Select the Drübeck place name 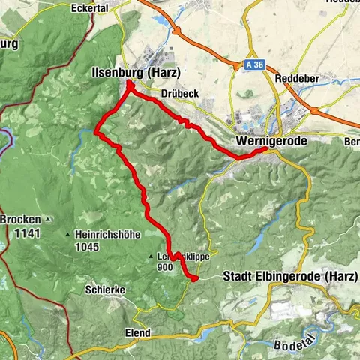click(179, 93)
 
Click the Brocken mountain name click(19, 219)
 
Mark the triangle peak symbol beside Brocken click(47, 220)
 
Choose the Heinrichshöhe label click(108, 234)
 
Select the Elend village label click(138, 332)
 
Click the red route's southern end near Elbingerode click(195, 278)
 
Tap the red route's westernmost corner click(96, 133)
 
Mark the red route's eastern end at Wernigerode click(264, 150)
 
